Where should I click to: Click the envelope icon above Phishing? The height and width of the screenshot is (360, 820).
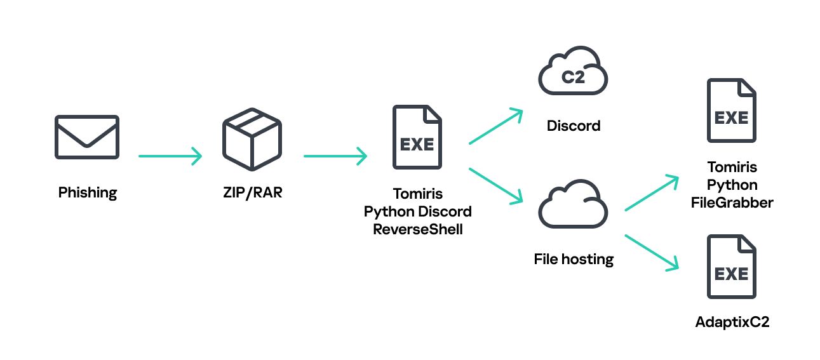pyautogui.click(x=86, y=137)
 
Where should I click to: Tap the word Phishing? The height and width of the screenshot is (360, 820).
pyautogui.click(x=88, y=192)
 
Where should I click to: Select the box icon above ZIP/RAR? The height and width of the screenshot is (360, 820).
pyautogui.click(x=252, y=138)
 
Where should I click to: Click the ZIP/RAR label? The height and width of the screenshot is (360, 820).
pyautogui.click(x=252, y=192)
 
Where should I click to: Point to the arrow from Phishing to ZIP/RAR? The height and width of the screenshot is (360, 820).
pyautogui.click(x=170, y=156)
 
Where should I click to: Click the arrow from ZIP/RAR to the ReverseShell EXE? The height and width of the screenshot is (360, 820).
pyautogui.click(x=335, y=156)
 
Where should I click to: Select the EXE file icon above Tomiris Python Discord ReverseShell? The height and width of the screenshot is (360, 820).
pyautogui.click(x=417, y=137)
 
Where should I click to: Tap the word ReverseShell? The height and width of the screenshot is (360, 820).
pyautogui.click(x=417, y=229)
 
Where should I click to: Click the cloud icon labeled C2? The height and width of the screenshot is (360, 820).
pyautogui.click(x=573, y=72)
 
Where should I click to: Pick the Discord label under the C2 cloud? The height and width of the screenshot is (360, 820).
pyautogui.click(x=574, y=126)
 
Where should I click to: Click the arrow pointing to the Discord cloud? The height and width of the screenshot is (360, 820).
pyautogui.click(x=495, y=126)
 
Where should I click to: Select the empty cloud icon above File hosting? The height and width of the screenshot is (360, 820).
pyautogui.click(x=573, y=204)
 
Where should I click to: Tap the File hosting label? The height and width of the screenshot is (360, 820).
pyautogui.click(x=574, y=259)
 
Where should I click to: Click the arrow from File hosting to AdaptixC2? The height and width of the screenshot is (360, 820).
pyautogui.click(x=652, y=252)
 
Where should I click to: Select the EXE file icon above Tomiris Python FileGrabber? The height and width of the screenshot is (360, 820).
pyautogui.click(x=731, y=110)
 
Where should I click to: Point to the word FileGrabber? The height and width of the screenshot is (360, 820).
pyautogui.click(x=732, y=203)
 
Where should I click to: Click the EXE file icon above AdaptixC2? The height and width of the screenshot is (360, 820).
pyautogui.click(x=731, y=267)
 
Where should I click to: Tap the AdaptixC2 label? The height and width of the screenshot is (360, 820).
pyautogui.click(x=732, y=322)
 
